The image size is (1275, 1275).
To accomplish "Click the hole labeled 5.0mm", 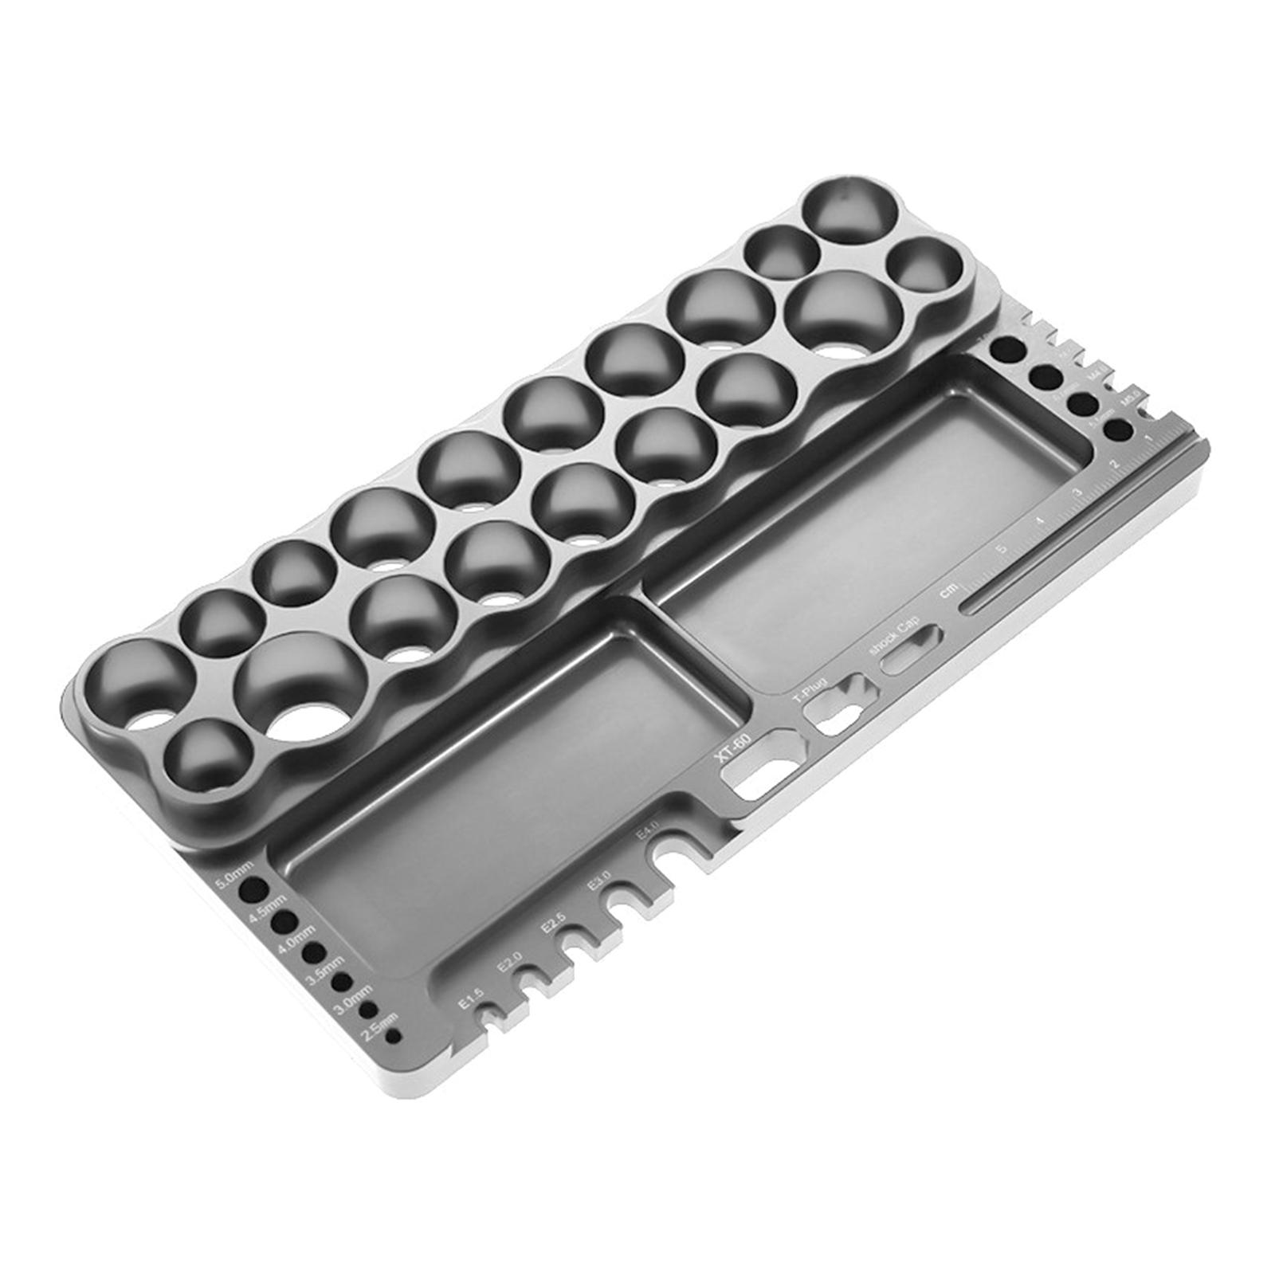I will tap(254, 889).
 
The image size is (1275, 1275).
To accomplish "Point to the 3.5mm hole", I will tap(343, 981).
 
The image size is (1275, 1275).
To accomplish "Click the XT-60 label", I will tap(732, 748).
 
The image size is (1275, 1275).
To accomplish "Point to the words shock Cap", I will tap(896, 634).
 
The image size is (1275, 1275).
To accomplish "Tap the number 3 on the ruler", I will tap(1077, 492).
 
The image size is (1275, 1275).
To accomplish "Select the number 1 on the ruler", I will tap(1147, 439).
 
